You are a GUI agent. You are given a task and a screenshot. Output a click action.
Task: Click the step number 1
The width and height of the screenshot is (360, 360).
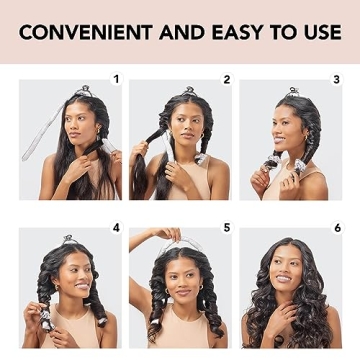(116, 79)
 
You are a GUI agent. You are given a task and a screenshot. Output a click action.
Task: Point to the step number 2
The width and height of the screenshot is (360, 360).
(227, 79)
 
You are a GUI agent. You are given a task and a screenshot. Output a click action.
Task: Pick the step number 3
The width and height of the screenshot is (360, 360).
(337, 79)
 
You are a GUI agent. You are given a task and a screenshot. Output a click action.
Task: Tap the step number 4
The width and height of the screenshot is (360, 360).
(116, 228)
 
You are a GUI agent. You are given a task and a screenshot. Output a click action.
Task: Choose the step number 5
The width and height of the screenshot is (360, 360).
(227, 228)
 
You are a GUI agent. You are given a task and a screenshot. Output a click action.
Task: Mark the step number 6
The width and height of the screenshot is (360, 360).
(337, 228)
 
